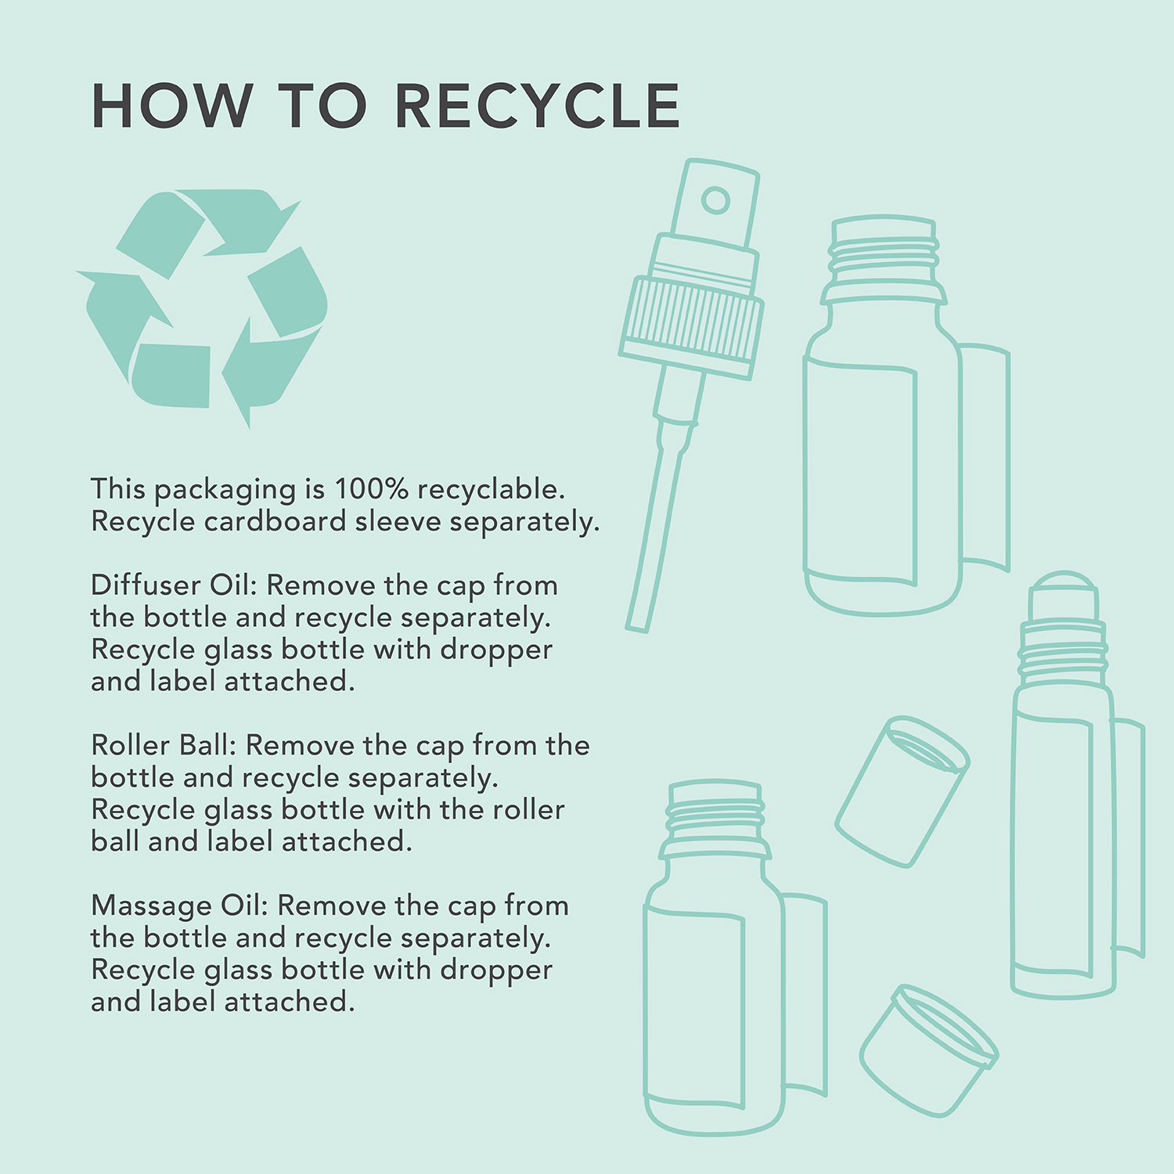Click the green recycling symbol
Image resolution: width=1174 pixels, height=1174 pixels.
point(202,307)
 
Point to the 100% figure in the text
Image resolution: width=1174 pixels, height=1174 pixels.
point(371,488)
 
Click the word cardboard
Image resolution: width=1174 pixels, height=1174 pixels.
point(275,521)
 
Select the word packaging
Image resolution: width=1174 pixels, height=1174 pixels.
point(225,491)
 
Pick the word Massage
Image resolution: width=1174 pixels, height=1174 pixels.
point(152,907)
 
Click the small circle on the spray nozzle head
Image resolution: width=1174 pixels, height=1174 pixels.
point(715,200)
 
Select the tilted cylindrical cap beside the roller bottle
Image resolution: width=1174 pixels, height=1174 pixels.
point(902,790)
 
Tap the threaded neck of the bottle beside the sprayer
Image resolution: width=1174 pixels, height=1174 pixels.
point(884,258)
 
